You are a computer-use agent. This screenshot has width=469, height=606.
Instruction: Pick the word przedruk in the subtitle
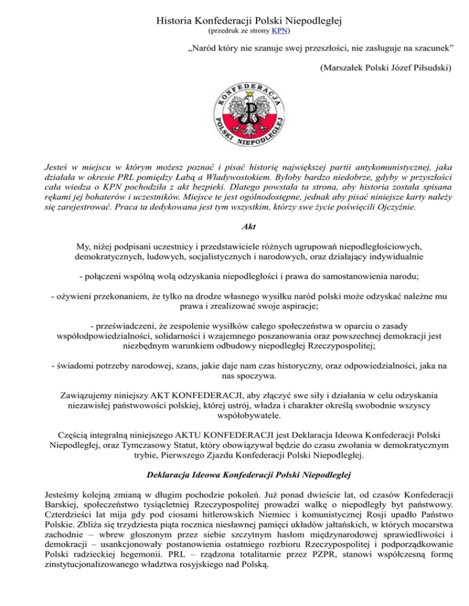[x=224, y=29]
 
